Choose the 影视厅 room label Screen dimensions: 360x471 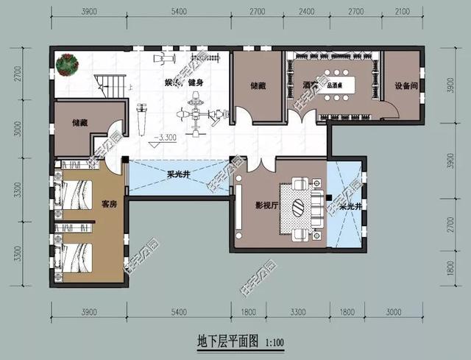tap(265, 205)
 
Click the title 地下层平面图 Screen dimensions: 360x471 tap(227, 341)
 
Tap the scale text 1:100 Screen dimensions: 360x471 tap(274, 342)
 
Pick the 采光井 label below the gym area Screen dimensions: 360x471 tap(179, 175)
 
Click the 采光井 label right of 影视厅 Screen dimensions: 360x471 tap(349, 208)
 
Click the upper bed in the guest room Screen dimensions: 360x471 tap(78, 193)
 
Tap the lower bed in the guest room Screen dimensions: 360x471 tap(78, 257)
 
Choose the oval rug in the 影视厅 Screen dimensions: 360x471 tap(300, 207)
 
